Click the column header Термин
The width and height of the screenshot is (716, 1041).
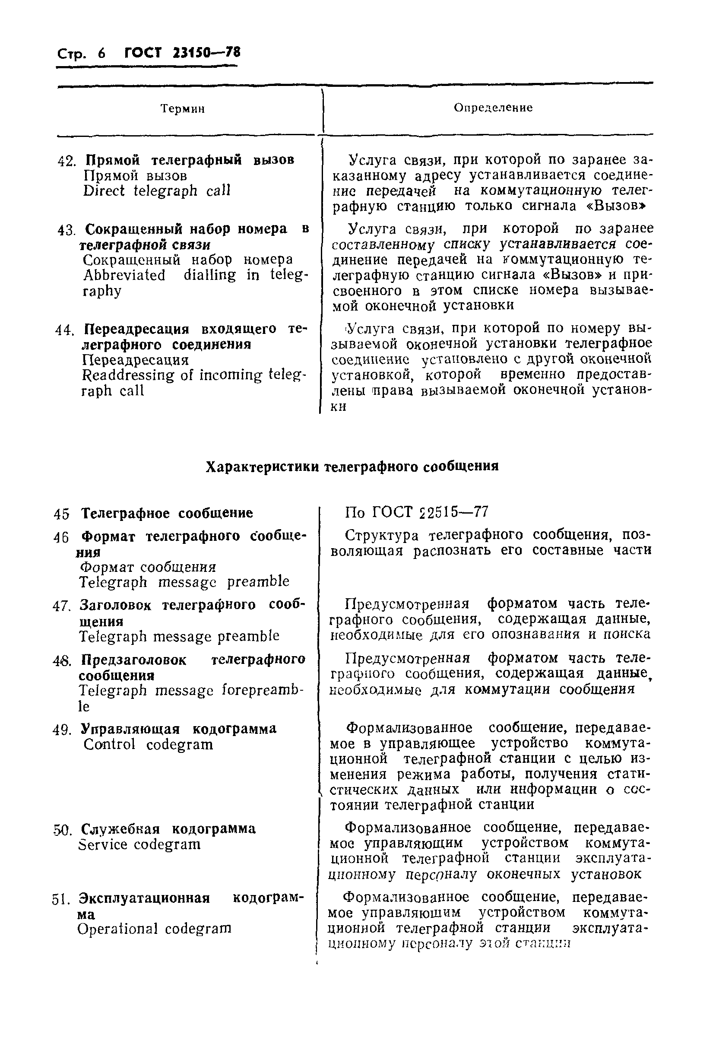click(183, 108)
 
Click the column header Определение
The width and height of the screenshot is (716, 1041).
click(493, 108)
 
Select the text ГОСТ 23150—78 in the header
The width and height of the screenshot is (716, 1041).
click(182, 53)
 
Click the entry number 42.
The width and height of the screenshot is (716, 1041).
click(67, 161)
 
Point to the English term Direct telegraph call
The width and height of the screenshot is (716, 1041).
click(157, 191)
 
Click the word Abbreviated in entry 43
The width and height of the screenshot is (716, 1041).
click(124, 275)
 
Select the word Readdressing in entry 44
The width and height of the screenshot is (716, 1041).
click(128, 375)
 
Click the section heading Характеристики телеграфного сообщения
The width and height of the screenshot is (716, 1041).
click(352, 467)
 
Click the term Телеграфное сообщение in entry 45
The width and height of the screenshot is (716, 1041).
click(167, 513)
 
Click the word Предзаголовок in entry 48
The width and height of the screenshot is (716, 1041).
click(134, 660)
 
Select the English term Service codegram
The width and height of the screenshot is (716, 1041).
click(139, 845)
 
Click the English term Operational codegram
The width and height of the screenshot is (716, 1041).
click(154, 929)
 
